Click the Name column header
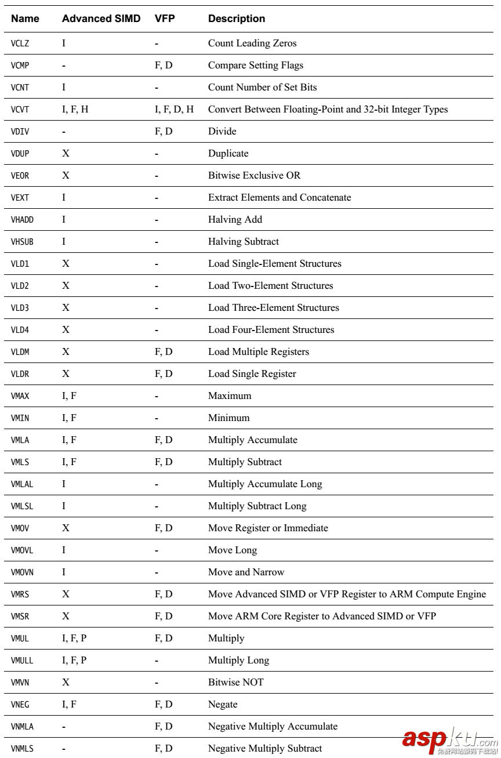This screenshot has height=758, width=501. point(26,19)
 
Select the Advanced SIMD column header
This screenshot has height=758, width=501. point(101,19)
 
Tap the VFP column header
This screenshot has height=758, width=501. point(165,19)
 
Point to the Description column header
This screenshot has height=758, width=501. point(237,19)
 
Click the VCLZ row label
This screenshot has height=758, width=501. point(20,43)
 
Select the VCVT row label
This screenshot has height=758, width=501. point(20,110)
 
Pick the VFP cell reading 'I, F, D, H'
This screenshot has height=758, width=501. point(175,110)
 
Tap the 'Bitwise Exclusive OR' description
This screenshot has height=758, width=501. point(254,176)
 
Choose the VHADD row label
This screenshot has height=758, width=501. point(22,220)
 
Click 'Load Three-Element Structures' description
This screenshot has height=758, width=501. point(274,308)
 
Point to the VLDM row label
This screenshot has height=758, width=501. point(20,352)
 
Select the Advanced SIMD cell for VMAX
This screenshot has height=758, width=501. point(69,396)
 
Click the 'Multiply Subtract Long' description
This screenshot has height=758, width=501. point(257,506)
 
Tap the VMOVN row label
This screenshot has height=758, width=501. point(22,572)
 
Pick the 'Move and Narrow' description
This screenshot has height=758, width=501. point(246,572)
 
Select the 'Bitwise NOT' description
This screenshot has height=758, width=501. point(235,683)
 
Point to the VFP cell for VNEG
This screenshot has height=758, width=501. point(164,705)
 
